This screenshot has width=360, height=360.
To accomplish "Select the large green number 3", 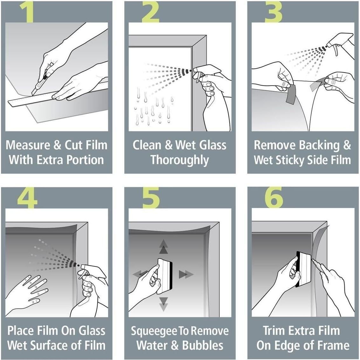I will [273, 12].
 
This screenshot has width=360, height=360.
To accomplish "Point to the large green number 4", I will [27, 198].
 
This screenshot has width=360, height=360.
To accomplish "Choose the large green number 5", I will [151, 198].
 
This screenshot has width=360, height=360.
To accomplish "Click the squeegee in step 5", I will [165, 273].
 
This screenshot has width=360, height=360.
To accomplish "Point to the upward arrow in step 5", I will [163, 247].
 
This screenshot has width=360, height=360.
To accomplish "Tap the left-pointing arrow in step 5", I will [140, 273].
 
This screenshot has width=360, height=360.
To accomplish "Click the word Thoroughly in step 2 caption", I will [180, 160].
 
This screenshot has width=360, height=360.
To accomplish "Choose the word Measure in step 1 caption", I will [28, 145].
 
